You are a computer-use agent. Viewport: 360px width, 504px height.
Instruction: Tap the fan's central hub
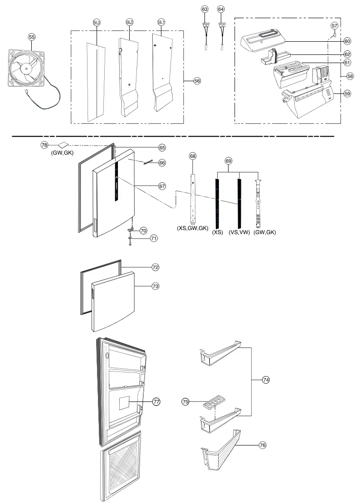point(26,68)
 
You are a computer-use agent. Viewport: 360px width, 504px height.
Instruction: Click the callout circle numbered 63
point(205,9)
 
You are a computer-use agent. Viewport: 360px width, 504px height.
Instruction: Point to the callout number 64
point(221,9)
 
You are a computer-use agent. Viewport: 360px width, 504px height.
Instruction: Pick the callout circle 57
point(335,26)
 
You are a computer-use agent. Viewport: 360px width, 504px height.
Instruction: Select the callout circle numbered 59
point(348,93)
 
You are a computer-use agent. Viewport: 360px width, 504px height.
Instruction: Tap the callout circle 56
point(197,81)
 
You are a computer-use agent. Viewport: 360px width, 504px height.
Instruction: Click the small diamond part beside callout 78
point(62,144)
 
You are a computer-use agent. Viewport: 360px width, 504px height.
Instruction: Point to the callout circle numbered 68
point(193,156)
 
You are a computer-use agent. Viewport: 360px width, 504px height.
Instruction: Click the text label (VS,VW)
point(239,232)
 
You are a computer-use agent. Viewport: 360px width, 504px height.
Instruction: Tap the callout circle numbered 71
point(154,238)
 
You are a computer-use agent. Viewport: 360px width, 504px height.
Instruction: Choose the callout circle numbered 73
point(155,287)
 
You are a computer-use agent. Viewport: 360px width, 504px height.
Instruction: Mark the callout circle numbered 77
point(156,401)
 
